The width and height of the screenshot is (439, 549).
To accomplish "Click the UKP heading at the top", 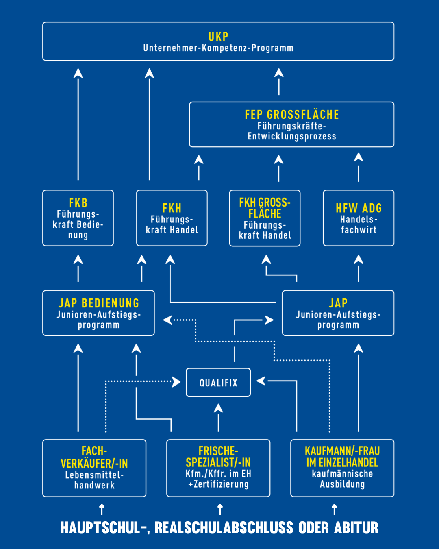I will point(218,37).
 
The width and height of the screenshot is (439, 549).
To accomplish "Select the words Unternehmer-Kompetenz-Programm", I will point(218,48).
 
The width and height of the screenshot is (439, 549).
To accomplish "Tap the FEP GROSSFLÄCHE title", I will point(291,115).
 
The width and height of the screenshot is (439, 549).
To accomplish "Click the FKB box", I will point(78,218).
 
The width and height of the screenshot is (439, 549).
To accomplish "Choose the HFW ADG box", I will point(359,218).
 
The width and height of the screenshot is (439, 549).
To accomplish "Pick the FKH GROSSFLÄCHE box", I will point(265,218).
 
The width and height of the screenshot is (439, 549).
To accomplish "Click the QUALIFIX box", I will point(218,382).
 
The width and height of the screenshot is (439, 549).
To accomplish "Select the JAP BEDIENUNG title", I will point(99,303).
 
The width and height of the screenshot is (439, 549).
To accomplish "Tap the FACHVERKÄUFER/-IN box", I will point(94,468).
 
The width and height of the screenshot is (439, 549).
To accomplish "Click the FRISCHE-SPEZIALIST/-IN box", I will point(218,468).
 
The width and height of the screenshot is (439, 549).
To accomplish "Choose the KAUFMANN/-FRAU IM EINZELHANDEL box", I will point(342,468).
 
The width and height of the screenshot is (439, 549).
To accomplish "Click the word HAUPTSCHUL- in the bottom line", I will point(104,528).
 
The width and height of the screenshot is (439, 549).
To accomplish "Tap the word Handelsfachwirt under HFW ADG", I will point(359,224).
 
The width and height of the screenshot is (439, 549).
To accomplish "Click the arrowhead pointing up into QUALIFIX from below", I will point(218,408).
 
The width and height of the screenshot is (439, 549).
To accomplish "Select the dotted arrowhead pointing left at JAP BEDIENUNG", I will point(167,320).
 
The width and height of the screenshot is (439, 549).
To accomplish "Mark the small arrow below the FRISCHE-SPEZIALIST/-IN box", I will point(220,509).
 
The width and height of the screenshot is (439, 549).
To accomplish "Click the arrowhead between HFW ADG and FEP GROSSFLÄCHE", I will point(359,157).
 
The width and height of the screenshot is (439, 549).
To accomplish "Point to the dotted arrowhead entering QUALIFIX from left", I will point(176,382).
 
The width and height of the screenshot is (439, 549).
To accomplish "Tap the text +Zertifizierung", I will point(218,484).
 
